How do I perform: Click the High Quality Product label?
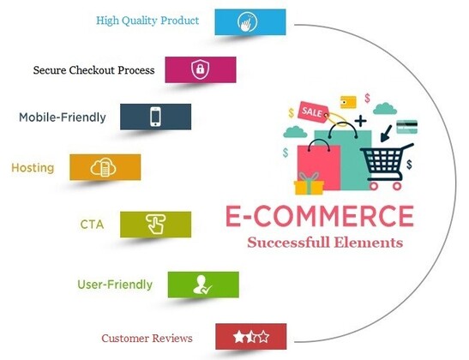(147, 21)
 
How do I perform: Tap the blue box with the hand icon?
(250, 21)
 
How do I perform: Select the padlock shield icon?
(200, 69)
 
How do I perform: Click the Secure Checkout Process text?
(93, 70)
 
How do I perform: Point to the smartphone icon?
(155, 117)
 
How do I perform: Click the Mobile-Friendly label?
(63, 117)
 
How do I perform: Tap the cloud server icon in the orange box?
(103, 167)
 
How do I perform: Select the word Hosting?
(33, 168)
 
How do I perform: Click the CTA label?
(92, 225)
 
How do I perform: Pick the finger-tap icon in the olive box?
(155, 224)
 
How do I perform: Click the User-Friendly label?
(115, 284)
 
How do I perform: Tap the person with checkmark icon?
(201, 285)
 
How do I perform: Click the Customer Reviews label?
(147, 339)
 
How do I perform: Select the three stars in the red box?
(251, 337)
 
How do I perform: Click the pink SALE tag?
(313, 111)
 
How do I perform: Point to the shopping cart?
(387, 166)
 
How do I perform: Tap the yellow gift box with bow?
(309, 184)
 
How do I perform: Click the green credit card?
(406, 127)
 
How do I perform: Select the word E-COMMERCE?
(320, 216)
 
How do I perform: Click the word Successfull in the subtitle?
(289, 243)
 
